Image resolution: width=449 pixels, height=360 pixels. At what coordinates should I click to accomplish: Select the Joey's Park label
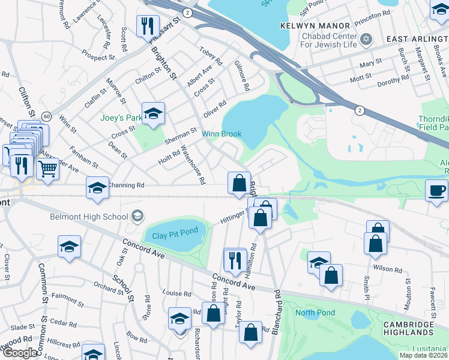[x=122, y=118]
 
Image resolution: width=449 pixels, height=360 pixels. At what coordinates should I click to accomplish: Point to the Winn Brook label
[x=221, y=134]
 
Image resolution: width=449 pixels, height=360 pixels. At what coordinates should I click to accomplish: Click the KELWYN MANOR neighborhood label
[x=315, y=26]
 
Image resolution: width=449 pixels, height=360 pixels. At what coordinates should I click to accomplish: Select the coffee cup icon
[x=437, y=190]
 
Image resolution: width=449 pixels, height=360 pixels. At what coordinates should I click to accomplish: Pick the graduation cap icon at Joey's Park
[x=154, y=113]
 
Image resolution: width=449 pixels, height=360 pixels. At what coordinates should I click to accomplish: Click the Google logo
[x=20, y=353]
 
